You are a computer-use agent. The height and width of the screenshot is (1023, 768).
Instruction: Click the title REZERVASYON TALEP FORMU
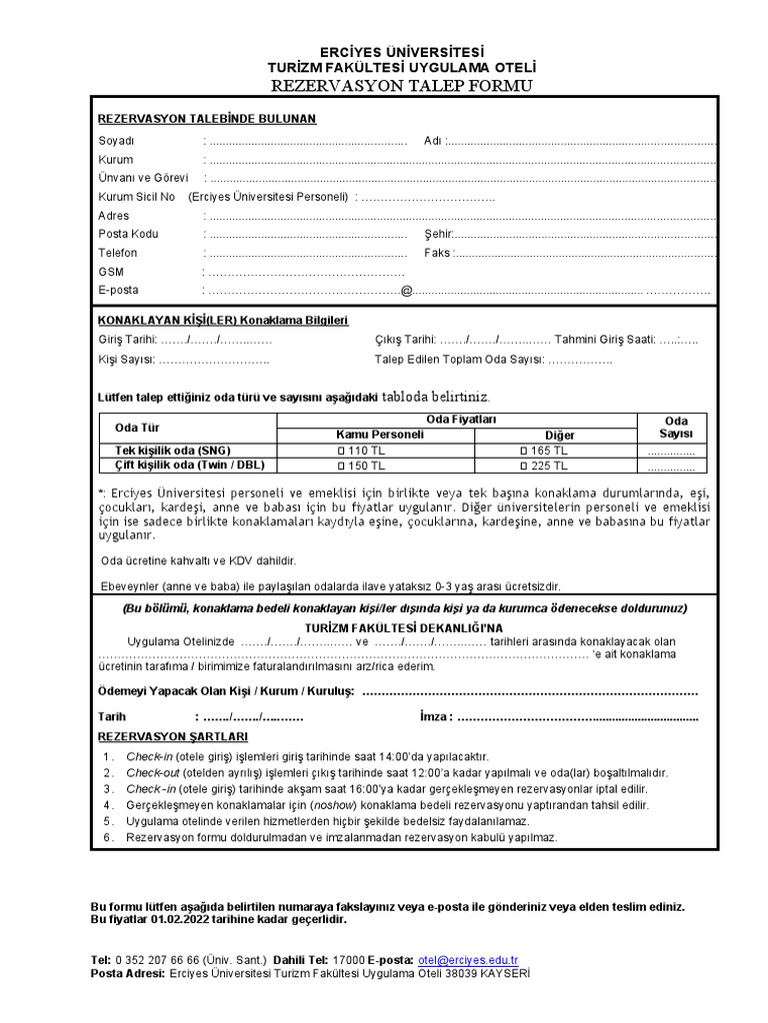pos(385,86)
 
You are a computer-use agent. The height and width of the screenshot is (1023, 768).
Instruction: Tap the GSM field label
pos(110,272)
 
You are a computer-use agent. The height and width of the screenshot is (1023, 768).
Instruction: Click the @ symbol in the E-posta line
pos(406,291)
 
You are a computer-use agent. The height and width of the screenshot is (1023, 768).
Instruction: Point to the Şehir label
pos(438,234)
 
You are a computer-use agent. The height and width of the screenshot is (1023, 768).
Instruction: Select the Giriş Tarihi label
pos(127,340)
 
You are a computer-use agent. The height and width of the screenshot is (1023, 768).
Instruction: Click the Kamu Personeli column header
pos(382,435)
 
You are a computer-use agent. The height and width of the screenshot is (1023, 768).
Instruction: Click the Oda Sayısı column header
pos(676,427)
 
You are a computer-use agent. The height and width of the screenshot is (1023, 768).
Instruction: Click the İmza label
pos(435,716)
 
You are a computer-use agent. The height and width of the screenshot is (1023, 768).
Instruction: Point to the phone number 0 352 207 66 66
pos(159,960)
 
